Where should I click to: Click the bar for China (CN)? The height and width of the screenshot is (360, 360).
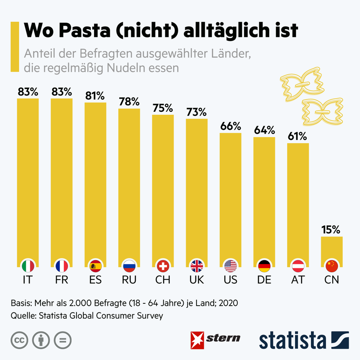(x=332, y=249)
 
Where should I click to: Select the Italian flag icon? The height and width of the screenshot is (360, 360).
(x=28, y=266)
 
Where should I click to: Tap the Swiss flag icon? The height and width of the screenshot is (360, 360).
(x=163, y=266)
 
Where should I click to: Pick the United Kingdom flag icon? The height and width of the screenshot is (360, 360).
(x=197, y=266)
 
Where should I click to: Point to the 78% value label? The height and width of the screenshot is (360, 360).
(x=129, y=102)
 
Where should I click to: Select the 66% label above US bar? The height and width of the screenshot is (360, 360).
(x=230, y=126)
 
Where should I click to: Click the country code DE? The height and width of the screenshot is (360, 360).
(x=264, y=280)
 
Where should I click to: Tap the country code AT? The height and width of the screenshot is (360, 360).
(x=298, y=280)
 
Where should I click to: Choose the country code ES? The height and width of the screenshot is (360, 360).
(x=96, y=280)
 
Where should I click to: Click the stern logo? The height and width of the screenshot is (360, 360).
(x=216, y=337)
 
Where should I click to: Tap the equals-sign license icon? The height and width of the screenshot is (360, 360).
(x=62, y=340)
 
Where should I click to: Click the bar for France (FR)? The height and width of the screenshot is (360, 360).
(x=61, y=180)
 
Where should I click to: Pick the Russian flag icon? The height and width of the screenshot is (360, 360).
(x=129, y=266)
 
